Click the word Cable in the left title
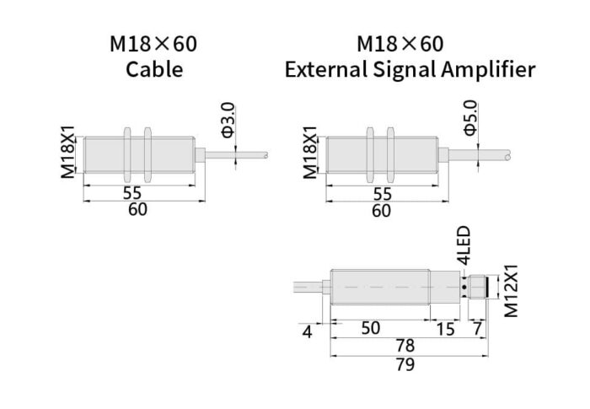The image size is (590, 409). click(x=153, y=69)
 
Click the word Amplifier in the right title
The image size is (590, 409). click(x=489, y=69)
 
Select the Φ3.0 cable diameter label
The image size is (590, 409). click(x=228, y=120)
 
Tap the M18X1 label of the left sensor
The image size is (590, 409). click(x=67, y=152)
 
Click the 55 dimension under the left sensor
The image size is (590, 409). click(x=131, y=192)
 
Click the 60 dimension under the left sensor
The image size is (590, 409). click(x=137, y=210)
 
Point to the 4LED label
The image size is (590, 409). click(x=463, y=246)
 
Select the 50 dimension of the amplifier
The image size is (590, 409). click(x=371, y=328)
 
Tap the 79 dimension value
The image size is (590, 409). click(x=405, y=364)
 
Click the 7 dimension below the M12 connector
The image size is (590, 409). click(x=478, y=328)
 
